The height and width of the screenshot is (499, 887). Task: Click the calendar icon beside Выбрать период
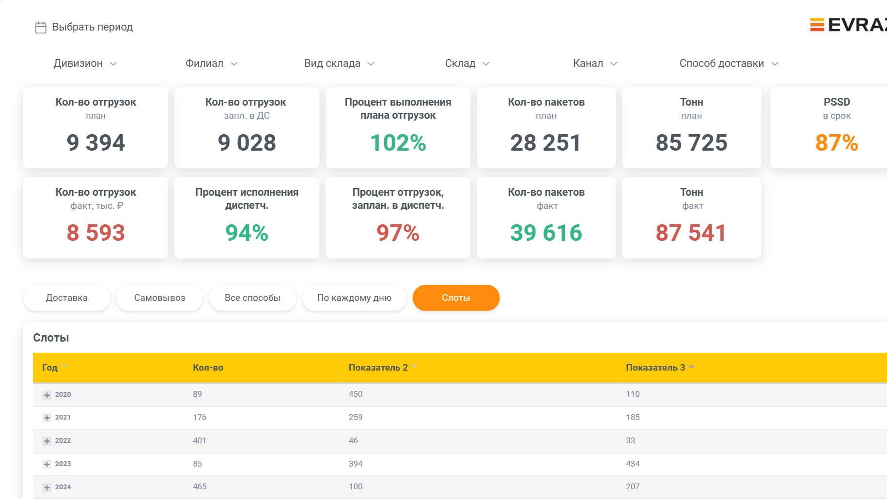tap(41, 28)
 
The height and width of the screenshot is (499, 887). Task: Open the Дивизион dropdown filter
tap(85, 63)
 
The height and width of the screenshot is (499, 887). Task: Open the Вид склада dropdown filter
tap(339, 63)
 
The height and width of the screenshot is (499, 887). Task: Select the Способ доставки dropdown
tap(729, 63)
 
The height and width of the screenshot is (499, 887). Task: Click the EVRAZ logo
tap(848, 25)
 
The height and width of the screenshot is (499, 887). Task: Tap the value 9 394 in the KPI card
tap(96, 142)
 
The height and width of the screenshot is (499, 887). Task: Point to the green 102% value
tap(398, 142)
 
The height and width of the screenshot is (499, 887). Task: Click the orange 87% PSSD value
tap(837, 142)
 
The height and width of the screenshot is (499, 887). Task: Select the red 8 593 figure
tap(96, 233)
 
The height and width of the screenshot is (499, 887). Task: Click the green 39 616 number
tap(546, 233)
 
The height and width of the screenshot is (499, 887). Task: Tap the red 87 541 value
tap(691, 233)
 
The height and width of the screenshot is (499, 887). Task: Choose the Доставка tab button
tap(67, 297)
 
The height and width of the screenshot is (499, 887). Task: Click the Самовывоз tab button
tap(160, 297)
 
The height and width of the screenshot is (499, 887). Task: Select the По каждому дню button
tap(355, 297)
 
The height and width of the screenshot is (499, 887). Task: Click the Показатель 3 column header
tap(655, 367)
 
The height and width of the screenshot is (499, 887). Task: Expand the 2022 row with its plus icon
tap(47, 441)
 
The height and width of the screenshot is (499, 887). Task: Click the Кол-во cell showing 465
tap(200, 486)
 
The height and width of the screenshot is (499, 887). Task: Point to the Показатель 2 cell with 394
tap(356, 464)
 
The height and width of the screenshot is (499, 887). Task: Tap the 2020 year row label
tap(63, 394)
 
